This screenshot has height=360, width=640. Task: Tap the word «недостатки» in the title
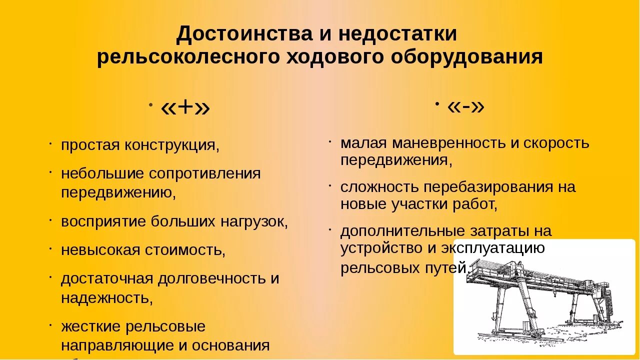tap(397, 34)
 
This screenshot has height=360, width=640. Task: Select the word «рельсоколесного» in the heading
tap(187, 56)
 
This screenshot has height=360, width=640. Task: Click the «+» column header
tap(185, 107)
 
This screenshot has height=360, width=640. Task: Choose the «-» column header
tap(466, 105)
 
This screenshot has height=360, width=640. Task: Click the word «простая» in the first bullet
tap(90, 145)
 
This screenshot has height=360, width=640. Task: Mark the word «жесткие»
tap(90, 326)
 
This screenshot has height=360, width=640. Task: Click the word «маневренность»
tap(449, 143)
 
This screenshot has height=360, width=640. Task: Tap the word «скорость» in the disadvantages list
tap(556, 143)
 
